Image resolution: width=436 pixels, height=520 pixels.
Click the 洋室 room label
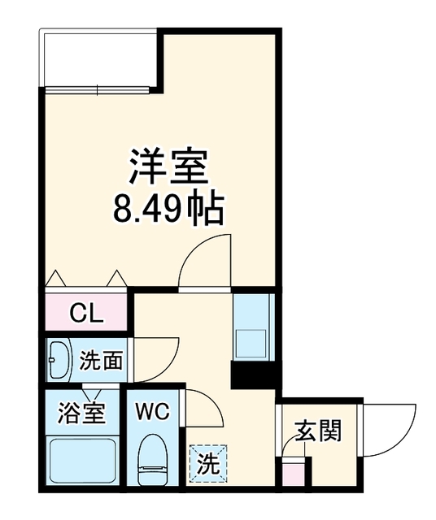pos(168,167)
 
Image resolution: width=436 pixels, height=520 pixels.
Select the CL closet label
pos(87,314)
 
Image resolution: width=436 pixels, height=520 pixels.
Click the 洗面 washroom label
pos(101,361)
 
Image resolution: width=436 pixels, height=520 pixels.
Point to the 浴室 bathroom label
pos(81,413)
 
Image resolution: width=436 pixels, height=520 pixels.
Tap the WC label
pos(152,412)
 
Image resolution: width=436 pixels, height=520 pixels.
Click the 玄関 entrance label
pos(318,431)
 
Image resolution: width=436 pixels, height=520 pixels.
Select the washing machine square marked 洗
pos(208,463)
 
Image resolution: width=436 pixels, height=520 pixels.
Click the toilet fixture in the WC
pos(151,458)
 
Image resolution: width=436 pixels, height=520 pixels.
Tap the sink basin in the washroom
pos(59,360)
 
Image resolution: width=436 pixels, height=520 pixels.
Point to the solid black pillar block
pos(253,375)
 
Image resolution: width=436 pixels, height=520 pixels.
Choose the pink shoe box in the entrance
pos(292,473)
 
